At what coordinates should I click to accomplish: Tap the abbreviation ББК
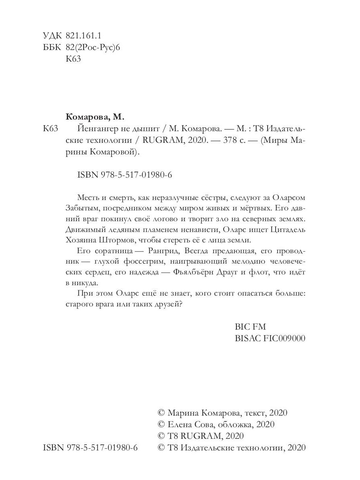coord(51,48)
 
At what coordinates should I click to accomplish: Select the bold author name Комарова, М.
coord(95,117)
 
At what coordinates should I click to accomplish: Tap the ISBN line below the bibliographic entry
coord(123,176)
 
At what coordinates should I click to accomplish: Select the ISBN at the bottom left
coord(90,448)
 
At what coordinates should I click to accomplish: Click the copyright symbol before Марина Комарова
coord(162,413)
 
